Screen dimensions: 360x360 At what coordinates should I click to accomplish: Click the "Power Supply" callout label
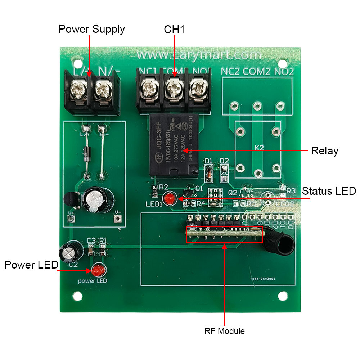click(91, 29)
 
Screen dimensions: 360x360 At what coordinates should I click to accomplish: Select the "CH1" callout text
click(174, 29)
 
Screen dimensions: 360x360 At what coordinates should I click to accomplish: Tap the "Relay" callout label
click(324, 151)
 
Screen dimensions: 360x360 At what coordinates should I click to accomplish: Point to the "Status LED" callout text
click(329, 191)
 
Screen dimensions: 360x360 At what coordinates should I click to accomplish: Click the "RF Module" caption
click(225, 331)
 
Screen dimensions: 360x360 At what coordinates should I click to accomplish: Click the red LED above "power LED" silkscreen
click(97, 270)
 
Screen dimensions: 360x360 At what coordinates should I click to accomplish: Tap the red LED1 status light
click(169, 198)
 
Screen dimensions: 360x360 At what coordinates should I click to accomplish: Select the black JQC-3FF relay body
click(174, 146)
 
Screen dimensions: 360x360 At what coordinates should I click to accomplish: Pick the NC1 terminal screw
click(148, 87)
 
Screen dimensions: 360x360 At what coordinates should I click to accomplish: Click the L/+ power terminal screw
click(78, 87)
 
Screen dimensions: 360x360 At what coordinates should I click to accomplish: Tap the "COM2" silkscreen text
click(256, 72)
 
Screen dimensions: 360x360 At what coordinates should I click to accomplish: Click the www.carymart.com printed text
click(199, 55)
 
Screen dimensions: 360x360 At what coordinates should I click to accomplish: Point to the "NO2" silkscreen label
click(284, 72)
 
